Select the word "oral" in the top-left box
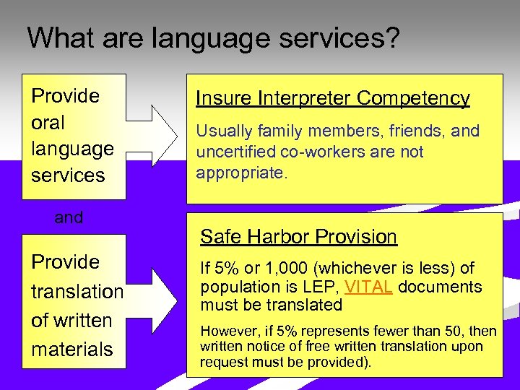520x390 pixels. coord(48,123)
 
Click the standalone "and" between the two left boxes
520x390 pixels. coord(69,217)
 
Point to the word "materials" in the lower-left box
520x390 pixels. coord(72,350)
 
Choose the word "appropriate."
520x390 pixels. coord(242,174)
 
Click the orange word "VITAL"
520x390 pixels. coord(368,287)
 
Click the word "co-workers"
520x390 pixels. coord(320,152)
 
